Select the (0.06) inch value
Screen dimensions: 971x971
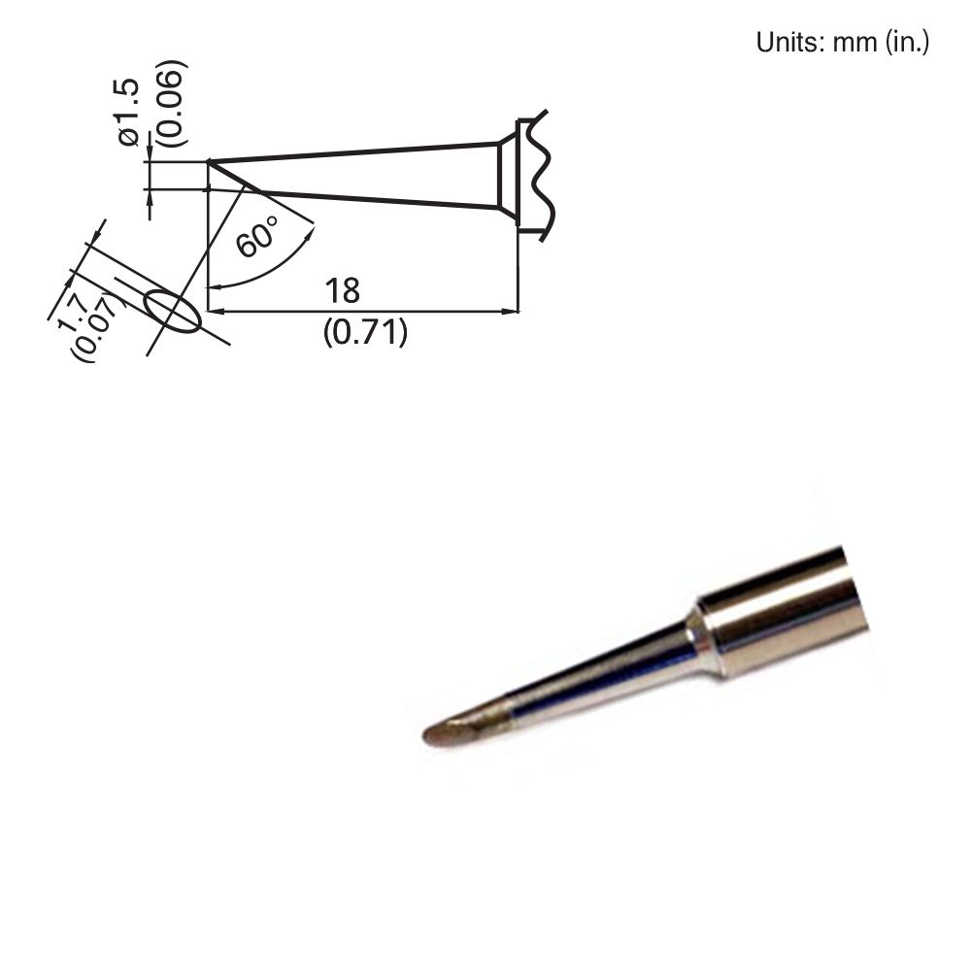tap(172, 104)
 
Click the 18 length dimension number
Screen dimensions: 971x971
tap(343, 290)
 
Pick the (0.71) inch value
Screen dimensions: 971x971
tap(364, 333)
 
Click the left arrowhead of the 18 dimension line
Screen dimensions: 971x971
tap(217, 312)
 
